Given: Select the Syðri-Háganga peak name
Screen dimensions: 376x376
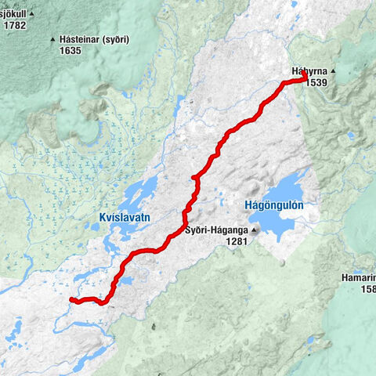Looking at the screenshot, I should coord(215,231).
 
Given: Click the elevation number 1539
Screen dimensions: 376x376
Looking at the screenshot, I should coord(316,82).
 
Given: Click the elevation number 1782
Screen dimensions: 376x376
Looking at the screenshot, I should coord(15,25).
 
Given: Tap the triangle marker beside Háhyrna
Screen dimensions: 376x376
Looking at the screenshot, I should coord(332,71).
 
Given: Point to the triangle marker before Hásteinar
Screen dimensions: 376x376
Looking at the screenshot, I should coord(52,39).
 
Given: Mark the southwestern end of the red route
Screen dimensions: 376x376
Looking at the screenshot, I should coord(71,299).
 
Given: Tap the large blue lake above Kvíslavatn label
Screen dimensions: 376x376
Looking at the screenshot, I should coord(138,192).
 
